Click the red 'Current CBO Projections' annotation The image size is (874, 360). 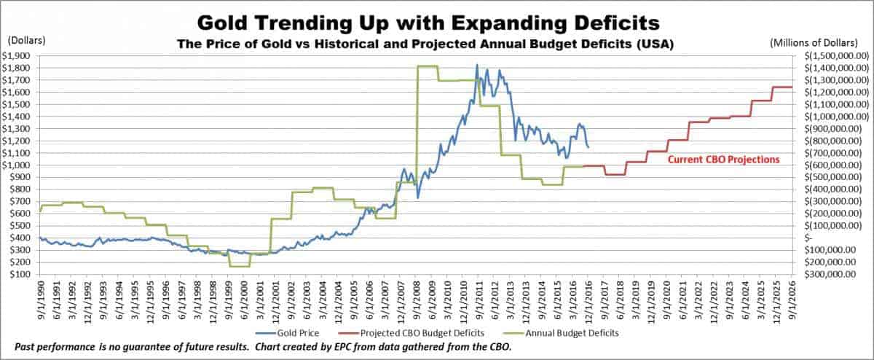(x=724, y=159)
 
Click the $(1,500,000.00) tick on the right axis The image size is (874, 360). (x=837, y=55)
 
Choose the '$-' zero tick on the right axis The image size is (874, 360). (x=808, y=238)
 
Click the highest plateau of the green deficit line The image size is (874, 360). (x=427, y=66)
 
